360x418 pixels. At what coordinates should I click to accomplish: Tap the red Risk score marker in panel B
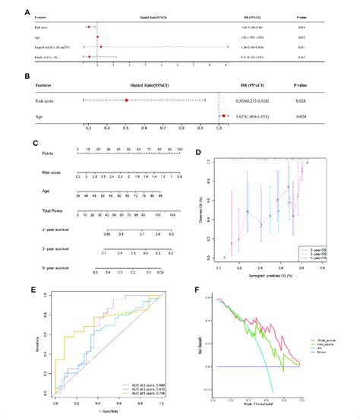(x=126, y=100)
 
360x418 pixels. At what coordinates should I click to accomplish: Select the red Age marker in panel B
(x=224, y=116)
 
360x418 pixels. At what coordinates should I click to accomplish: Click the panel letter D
(x=199, y=152)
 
